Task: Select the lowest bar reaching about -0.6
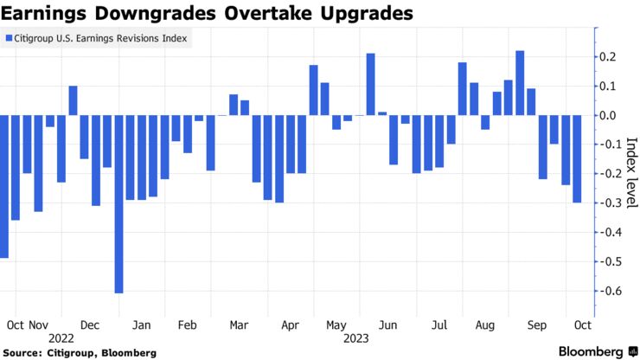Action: click(118, 203)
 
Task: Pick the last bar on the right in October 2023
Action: click(577, 158)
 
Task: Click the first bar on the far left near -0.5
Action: click(3, 186)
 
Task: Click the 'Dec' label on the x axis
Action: click(89, 325)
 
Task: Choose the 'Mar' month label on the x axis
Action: click(239, 325)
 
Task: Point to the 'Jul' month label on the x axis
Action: click(439, 325)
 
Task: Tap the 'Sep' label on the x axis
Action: click(537, 325)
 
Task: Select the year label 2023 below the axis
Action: click(355, 338)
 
